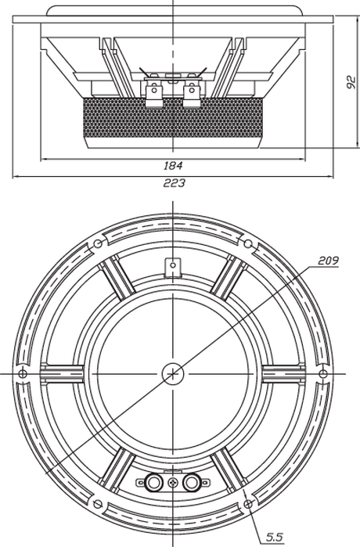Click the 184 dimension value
[173, 165]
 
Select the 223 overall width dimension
[174, 182]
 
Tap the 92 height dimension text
[351, 82]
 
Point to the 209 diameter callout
[328, 261]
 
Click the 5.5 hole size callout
[275, 537]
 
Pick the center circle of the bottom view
[173, 373]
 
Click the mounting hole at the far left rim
[23, 373]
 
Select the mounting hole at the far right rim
[323, 373]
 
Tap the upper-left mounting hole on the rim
[98, 243]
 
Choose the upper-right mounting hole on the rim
[248, 243]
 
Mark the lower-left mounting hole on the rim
[98, 504]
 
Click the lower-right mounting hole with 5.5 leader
[248, 504]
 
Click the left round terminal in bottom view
[153, 483]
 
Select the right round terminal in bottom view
[192, 483]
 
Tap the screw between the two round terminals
[173, 483]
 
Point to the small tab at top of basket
[173, 267]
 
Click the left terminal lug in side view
[153, 92]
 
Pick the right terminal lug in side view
[192, 92]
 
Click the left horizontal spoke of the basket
[62, 373]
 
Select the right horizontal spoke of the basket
[283, 373]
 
